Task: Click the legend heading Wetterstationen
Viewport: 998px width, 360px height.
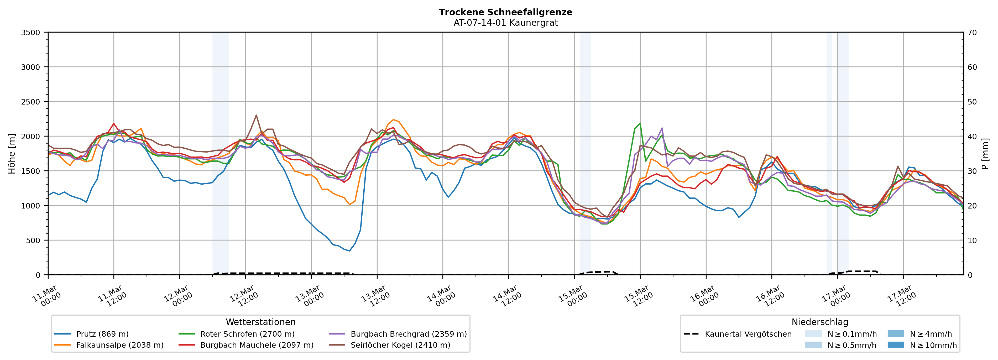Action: coord(260,322)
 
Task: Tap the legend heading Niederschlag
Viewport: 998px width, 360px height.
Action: coord(820,322)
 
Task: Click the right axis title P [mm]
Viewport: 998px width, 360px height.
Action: coord(985,153)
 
